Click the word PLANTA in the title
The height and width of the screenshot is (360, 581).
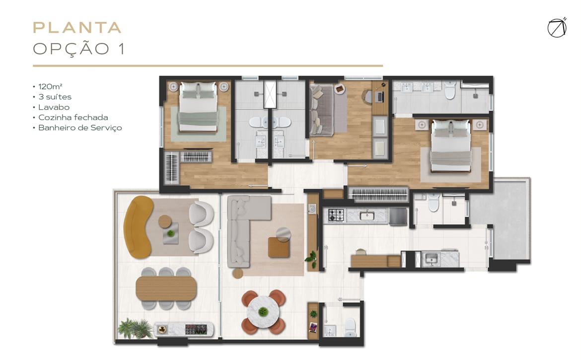click(x=77, y=28)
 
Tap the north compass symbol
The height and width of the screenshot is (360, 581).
click(x=557, y=28)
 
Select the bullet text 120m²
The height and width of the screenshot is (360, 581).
click(x=50, y=86)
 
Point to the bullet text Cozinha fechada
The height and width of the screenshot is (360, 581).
click(x=73, y=117)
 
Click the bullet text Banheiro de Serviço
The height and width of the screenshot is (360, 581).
click(x=80, y=128)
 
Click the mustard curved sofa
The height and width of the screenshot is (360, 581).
click(x=138, y=227)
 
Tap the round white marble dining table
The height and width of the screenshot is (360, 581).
click(x=263, y=312)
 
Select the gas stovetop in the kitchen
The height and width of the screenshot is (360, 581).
click(x=336, y=215)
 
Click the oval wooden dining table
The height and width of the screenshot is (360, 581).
click(x=166, y=288)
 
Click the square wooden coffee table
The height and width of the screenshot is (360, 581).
click(x=279, y=247)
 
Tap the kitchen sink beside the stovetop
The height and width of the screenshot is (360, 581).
click(x=367, y=215)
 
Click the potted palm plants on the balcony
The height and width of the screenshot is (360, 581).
click(x=135, y=328)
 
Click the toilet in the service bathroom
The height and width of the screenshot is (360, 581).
click(x=434, y=202)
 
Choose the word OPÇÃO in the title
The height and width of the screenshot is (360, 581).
click(x=71, y=49)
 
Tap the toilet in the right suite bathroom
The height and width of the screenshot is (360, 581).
click(x=450, y=90)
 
